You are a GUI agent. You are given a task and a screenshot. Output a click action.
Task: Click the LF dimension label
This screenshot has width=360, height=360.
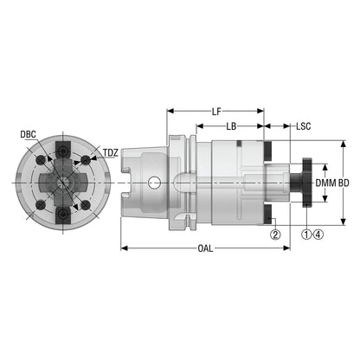pyautogui.click(x=216, y=112)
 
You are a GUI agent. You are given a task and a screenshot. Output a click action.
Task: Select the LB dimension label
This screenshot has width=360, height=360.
pyautogui.click(x=231, y=126)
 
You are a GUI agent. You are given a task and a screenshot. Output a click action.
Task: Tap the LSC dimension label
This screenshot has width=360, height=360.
pyautogui.click(x=303, y=126)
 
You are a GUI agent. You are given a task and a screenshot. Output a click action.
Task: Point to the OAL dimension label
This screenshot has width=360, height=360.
pyautogui.click(x=205, y=248)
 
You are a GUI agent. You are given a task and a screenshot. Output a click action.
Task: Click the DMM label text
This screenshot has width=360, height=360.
pyautogui.click(x=325, y=183)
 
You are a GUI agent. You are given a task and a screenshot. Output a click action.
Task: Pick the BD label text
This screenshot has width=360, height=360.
pyautogui.click(x=344, y=183)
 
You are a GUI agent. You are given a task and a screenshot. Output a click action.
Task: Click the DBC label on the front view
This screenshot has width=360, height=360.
pyautogui.click(x=28, y=134)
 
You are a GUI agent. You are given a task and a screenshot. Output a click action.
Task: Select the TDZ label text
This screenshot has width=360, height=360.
pyautogui.click(x=111, y=153)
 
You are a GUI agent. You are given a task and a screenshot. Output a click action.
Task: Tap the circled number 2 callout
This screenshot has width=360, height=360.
pyautogui.click(x=275, y=235)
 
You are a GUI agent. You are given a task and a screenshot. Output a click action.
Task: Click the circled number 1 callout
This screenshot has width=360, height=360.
pyautogui.click(x=306, y=235)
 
